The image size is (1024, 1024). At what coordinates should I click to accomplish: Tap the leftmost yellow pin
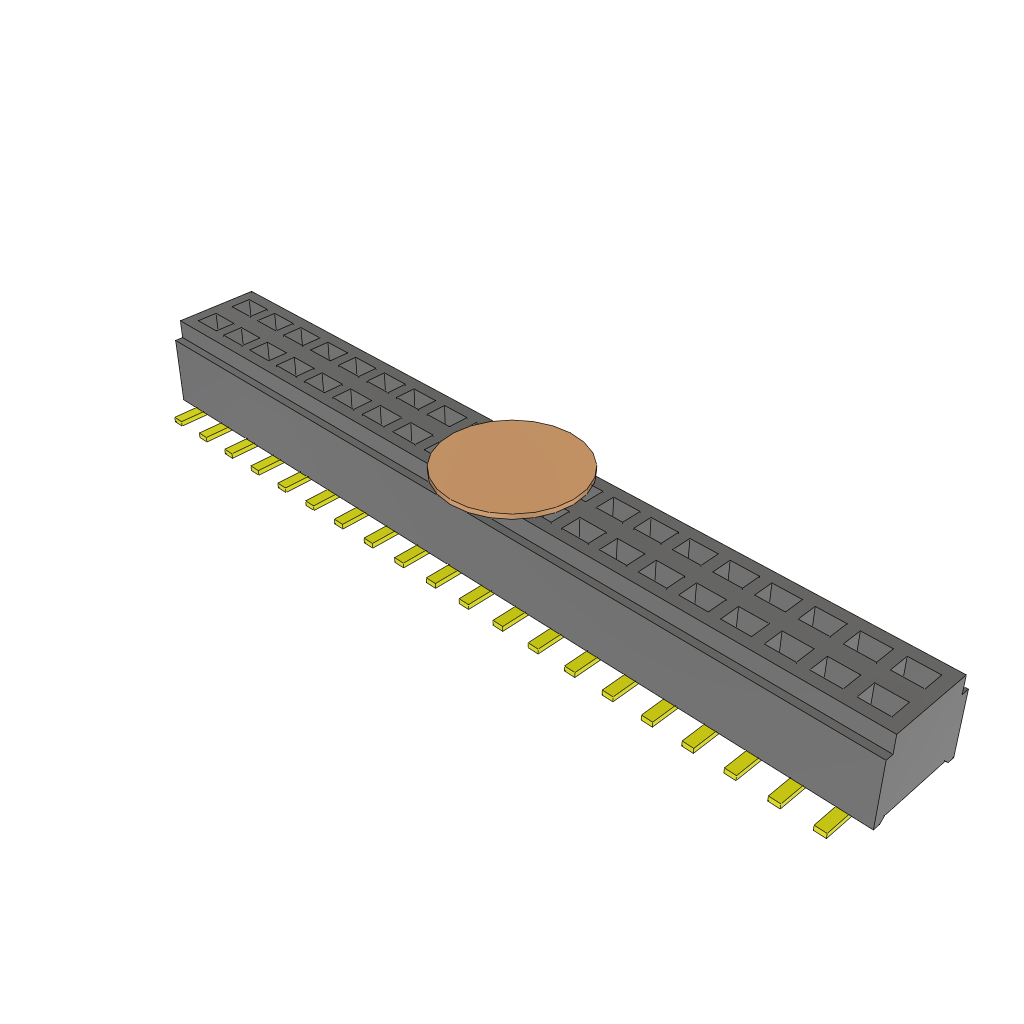click(x=189, y=417)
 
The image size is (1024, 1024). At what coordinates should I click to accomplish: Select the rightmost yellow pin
click(x=831, y=824)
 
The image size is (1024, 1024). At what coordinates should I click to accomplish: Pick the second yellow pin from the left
click(x=214, y=432)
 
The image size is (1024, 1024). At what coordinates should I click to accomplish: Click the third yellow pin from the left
click(x=240, y=448)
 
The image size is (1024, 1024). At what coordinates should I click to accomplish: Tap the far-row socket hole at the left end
click(x=248, y=307)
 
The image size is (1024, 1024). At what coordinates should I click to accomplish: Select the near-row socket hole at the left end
click(x=215, y=322)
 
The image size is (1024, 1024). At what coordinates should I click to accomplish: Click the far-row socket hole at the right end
click(x=916, y=671)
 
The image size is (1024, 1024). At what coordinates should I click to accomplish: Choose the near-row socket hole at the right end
click(x=883, y=698)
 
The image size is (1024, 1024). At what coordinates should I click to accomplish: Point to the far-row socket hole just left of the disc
click(x=447, y=414)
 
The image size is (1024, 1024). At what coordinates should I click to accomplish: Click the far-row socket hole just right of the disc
click(x=617, y=509)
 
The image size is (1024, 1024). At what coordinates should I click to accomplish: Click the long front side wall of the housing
click(x=520, y=580)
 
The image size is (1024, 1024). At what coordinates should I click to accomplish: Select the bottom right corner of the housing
click(x=875, y=828)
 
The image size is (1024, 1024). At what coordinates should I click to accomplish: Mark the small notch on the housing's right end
click(x=965, y=690)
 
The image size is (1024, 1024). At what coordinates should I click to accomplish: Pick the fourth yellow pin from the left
click(x=266, y=464)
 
